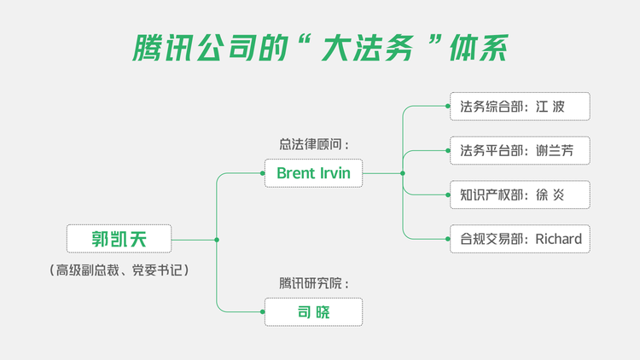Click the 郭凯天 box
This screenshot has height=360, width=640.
click(119, 239)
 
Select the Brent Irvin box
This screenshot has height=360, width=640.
click(313, 173)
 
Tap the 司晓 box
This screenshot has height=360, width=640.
click(313, 312)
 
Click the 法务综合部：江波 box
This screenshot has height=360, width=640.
click(520, 107)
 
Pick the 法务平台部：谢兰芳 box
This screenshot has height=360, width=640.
click(520, 151)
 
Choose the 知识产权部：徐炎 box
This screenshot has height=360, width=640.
click(520, 195)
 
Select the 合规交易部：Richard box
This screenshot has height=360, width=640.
click(520, 239)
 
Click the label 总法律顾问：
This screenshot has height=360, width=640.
click(314, 144)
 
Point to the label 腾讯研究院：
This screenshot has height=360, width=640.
click(314, 283)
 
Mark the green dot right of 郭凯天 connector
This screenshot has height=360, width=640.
click(217, 240)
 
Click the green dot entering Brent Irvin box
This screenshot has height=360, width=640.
click(262, 173)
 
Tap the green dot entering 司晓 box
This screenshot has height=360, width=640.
click(262, 312)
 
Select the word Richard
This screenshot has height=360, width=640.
click(558, 239)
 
